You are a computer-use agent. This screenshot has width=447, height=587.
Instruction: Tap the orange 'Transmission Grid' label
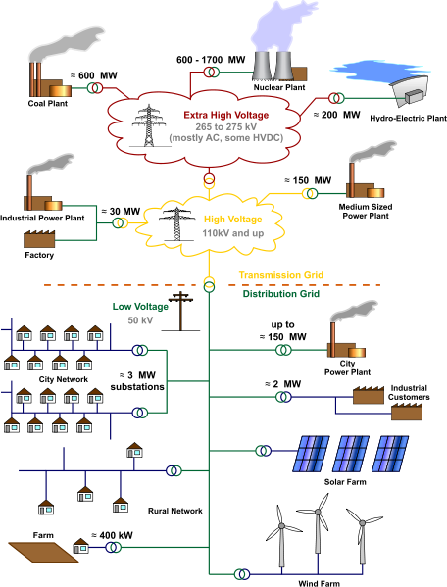pyautogui.click(x=281, y=275)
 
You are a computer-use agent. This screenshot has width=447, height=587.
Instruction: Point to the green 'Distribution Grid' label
pyautogui.click(x=280, y=293)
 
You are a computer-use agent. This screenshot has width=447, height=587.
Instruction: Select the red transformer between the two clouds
pyautogui.click(x=209, y=182)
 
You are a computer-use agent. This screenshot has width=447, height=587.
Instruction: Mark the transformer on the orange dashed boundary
pyautogui.click(x=209, y=284)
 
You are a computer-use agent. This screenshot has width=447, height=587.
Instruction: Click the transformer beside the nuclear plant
pyautogui.click(x=211, y=72)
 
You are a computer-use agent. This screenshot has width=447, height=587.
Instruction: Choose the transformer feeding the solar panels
pyautogui.click(x=262, y=451)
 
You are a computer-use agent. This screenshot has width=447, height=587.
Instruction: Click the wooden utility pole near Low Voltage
pyautogui.click(x=180, y=307)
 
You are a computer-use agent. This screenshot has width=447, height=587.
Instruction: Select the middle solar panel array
pyautogui.click(x=352, y=454)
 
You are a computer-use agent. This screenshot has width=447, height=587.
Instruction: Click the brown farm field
pyautogui.click(x=43, y=552)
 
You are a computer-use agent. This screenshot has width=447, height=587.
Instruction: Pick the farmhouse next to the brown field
pyautogui.click(x=80, y=546)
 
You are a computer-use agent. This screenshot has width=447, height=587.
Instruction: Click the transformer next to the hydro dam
pyautogui.click(x=336, y=98)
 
